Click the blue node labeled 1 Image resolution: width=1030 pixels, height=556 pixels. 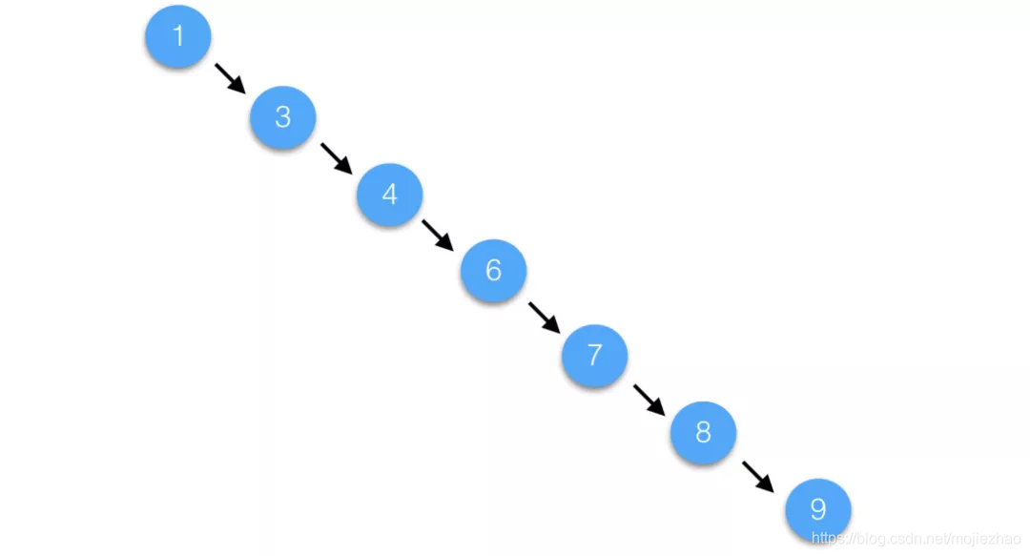click(x=177, y=36)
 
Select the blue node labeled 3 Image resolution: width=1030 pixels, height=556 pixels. click(x=282, y=116)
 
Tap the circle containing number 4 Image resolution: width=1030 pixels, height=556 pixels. click(x=389, y=194)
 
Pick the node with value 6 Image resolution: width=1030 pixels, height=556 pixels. click(x=493, y=272)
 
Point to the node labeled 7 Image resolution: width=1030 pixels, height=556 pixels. click(x=594, y=355)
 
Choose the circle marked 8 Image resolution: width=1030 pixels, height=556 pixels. click(x=703, y=433)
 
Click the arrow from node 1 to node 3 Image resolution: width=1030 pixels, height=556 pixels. click(x=230, y=78)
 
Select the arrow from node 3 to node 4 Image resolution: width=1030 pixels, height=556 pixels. click(x=337, y=158)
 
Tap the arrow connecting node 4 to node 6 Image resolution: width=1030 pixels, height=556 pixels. click(x=438, y=235)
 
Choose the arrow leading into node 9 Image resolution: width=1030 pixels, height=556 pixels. click(x=758, y=477)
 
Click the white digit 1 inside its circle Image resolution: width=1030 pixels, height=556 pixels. click(x=177, y=36)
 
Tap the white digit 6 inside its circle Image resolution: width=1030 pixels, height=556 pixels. click(x=493, y=271)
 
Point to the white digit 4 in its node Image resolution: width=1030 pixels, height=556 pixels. click(x=389, y=194)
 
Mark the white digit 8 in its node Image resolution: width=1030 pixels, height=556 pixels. click(x=703, y=433)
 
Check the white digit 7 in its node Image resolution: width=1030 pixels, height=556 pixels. click(x=594, y=355)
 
